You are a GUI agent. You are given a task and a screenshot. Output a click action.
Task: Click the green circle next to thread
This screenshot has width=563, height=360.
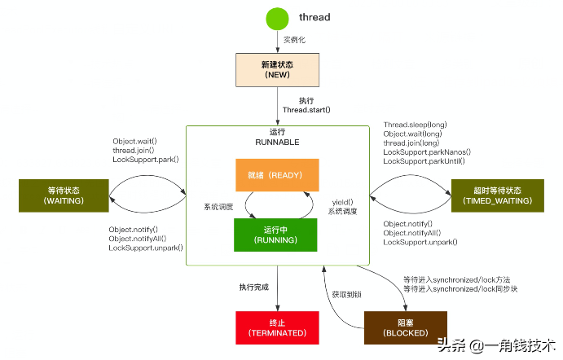278,17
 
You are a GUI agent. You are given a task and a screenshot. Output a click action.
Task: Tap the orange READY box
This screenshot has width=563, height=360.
277,174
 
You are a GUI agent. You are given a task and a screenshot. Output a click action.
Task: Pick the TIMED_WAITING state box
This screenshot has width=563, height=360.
497,195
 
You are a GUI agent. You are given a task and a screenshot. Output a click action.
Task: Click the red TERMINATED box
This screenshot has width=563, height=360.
278,327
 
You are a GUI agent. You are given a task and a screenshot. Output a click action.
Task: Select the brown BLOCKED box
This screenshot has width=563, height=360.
405,327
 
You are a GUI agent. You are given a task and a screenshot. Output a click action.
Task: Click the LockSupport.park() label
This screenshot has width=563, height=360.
145,160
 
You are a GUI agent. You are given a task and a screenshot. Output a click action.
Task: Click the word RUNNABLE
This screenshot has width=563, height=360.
278,142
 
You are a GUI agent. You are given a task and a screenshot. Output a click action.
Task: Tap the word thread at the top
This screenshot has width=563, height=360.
314,17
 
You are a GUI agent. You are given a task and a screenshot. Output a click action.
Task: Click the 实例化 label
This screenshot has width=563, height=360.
295,39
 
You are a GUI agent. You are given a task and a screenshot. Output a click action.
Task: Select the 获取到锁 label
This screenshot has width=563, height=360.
346,293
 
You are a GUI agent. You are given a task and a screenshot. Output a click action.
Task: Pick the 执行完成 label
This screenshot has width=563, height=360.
254,287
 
